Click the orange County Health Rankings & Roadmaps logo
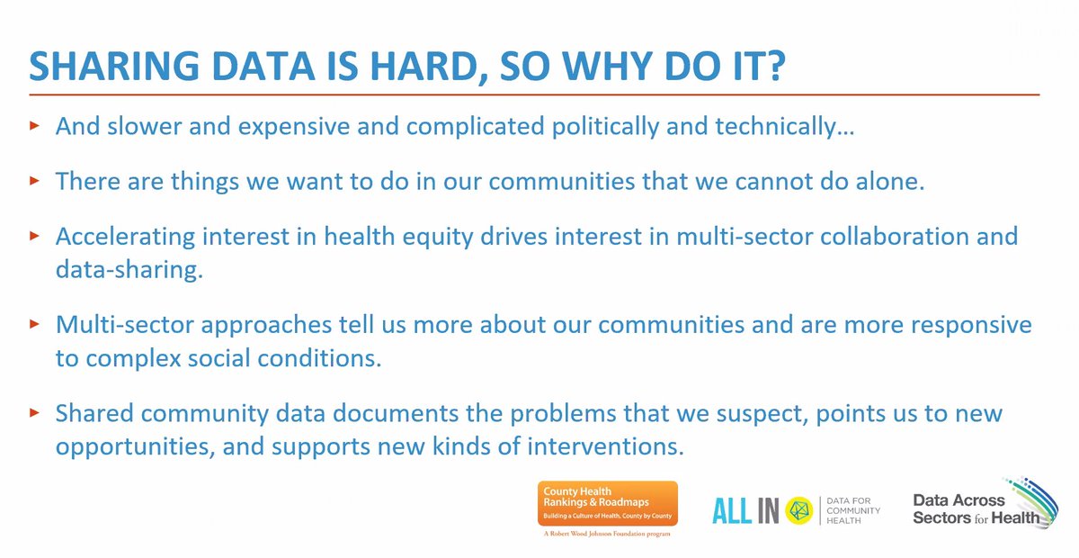[608, 504]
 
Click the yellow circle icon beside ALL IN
[798, 510]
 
